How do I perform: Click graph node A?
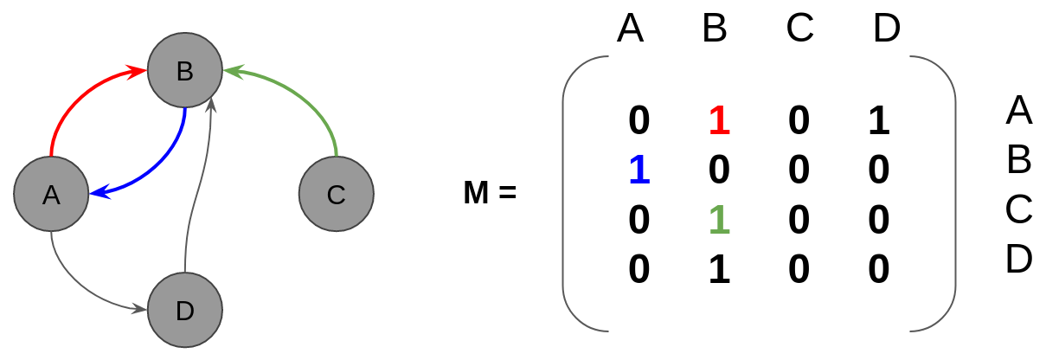click(51, 194)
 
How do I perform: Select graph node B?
click(185, 70)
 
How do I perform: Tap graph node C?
click(337, 194)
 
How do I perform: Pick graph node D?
click(185, 310)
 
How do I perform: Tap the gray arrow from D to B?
click(198, 187)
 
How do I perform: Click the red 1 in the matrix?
click(719, 120)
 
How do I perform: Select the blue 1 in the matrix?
click(639, 170)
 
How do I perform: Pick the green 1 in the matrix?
click(719, 220)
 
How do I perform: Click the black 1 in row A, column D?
click(879, 120)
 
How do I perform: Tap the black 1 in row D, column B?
click(719, 269)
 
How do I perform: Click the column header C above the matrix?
click(800, 28)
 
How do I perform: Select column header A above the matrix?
click(631, 28)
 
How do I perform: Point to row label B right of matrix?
click(1019, 159)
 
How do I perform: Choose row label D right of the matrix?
click(1019, 258)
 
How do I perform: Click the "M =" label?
click(490, 192)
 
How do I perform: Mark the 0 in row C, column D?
click(879, 220)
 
